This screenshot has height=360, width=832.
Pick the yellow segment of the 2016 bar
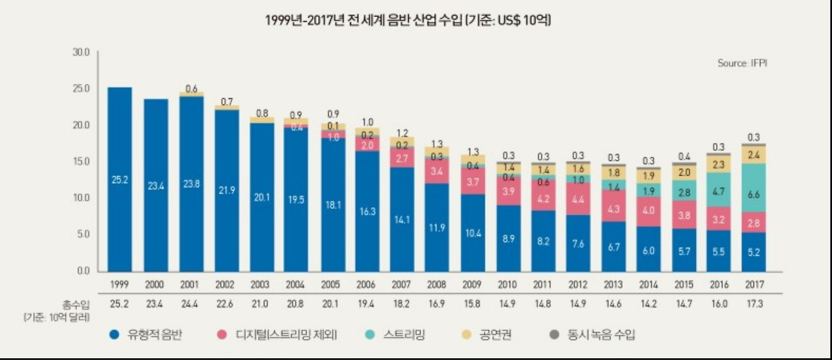(718, 165)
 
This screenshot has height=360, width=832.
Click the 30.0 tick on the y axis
(81, 52)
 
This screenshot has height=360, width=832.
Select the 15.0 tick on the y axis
(81, 161)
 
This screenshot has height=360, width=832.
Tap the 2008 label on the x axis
(435, 285)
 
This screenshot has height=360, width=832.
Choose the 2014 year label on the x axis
(647, 285)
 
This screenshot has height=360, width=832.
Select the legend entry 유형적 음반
(156, 335)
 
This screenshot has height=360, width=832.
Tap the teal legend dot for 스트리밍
(369, 335)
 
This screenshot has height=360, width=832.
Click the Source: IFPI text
(743, 63)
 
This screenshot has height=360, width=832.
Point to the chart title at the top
(408, 21)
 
